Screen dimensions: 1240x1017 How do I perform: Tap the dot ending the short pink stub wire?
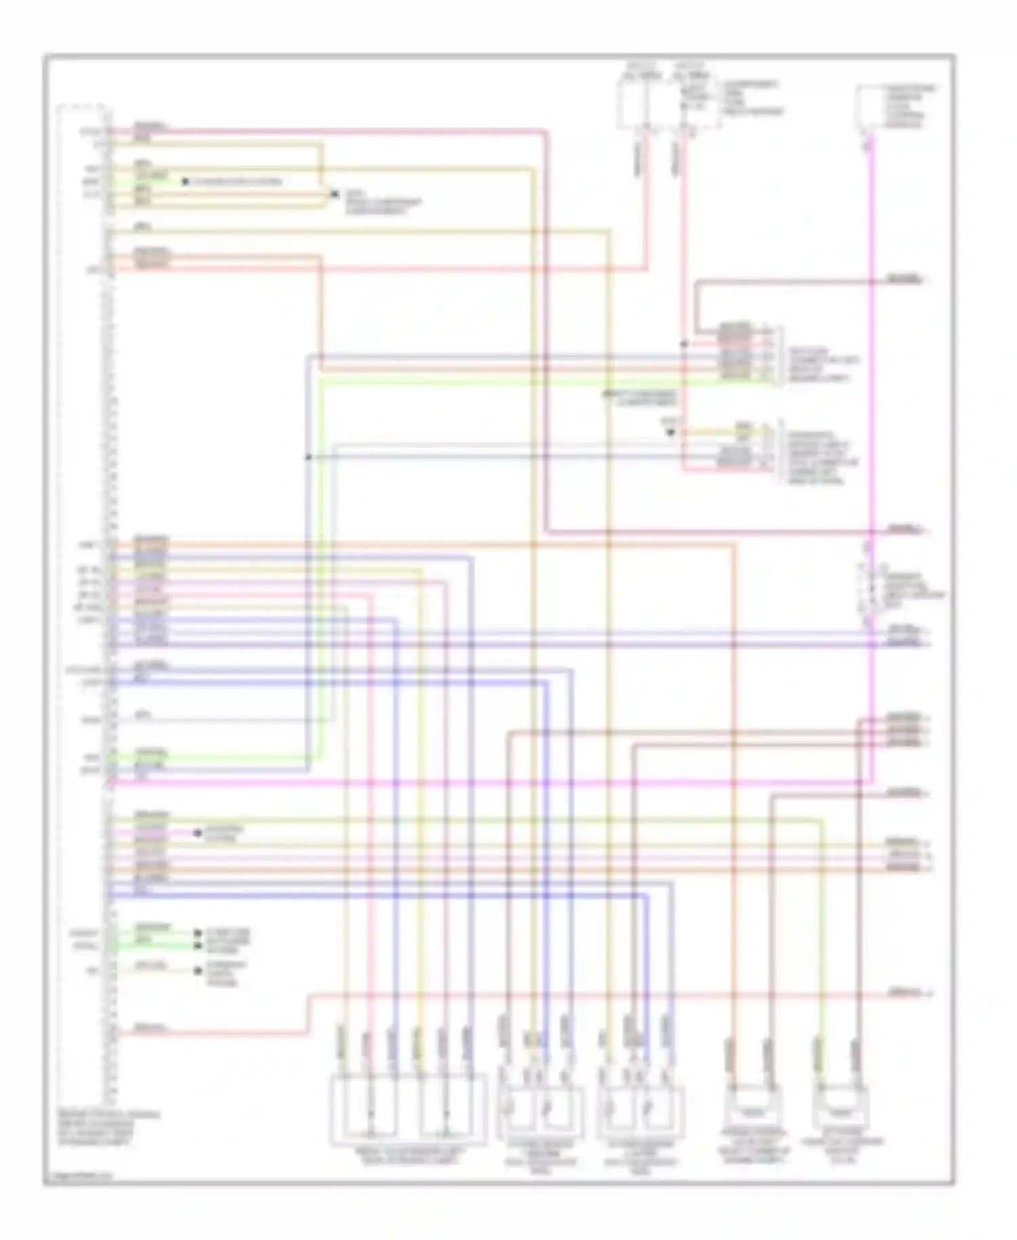point(197,832)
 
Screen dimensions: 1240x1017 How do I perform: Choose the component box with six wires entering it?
point(408,1110)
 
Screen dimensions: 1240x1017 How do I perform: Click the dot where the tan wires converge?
point(334,194)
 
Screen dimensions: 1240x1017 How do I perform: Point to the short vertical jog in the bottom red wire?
point(309,1015)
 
